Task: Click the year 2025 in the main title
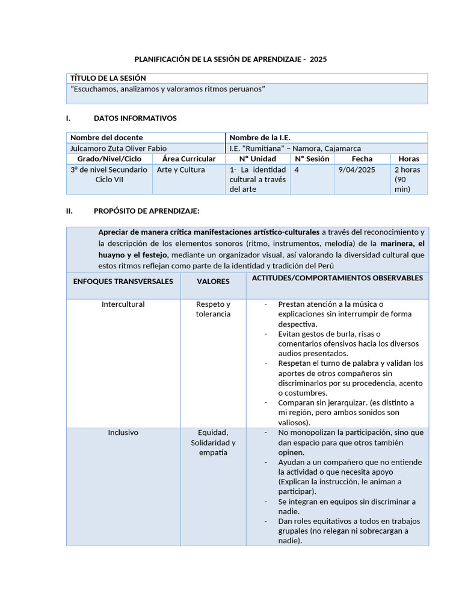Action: click(319, 60)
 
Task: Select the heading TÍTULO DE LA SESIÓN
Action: click(108, 78)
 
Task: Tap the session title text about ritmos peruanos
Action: click(168, 89)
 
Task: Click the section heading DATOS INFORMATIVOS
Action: click(135, 118)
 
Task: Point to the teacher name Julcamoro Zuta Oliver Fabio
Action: click(119, 148)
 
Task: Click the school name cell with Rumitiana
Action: click(295, 148)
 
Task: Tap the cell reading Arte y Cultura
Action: click(180, 170)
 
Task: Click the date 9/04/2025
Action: click(356, 170)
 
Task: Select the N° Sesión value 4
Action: click(297, 170)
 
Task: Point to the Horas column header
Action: click(409, 159)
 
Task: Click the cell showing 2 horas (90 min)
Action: click(407, 179)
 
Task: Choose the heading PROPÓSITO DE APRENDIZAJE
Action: click(146, 211)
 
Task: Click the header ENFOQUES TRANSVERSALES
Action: click(123, 281)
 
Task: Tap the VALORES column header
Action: click(213, 281)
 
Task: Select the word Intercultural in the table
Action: click(123, 304)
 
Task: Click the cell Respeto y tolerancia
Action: click(213, 309)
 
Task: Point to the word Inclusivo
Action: click(123, 433)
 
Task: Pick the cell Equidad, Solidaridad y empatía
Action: click(213, 442)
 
